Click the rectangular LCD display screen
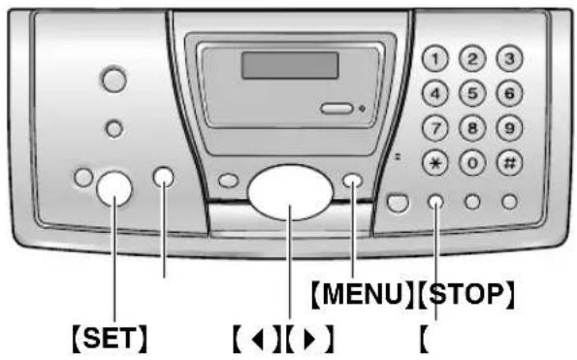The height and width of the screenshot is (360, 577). point(290,66)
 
